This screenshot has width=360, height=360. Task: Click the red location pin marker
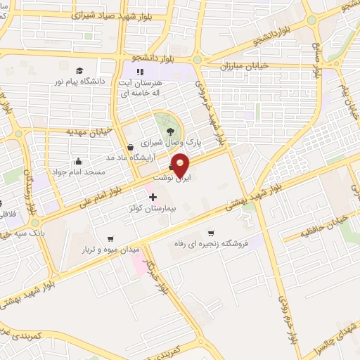click(x=181, y=165)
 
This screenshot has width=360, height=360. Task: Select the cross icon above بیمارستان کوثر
click(x=153, y=197)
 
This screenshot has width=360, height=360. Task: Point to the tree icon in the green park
click(x=169, y=130)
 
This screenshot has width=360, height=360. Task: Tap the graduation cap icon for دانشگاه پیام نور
click(x=79, y=70)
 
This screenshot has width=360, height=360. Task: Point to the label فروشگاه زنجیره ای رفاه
click(x=211, y=244)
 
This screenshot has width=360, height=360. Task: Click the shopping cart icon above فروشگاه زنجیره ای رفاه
click(x=210, y=233)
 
